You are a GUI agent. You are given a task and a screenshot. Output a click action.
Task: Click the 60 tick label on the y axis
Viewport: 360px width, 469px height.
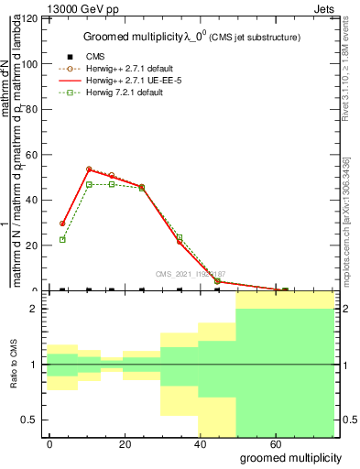point(34,155)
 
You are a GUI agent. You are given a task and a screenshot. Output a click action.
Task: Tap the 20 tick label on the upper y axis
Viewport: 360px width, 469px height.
point(34,245)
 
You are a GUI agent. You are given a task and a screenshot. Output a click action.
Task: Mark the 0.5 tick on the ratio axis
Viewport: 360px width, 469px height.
point(31,420)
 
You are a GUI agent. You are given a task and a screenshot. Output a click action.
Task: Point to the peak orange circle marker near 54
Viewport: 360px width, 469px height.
point(89,169)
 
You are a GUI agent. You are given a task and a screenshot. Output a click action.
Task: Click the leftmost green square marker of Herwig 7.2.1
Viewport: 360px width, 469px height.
point(62,240)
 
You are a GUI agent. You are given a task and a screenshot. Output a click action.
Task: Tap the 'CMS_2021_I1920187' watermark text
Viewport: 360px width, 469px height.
point(194,273)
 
